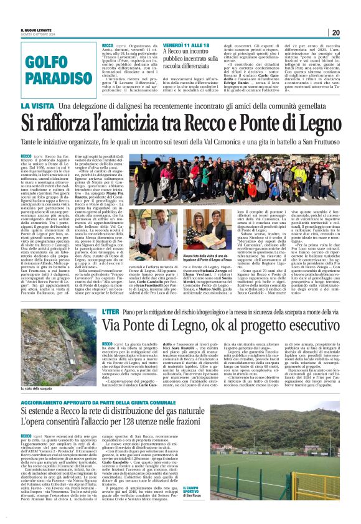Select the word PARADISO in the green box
tap(52, 78)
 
